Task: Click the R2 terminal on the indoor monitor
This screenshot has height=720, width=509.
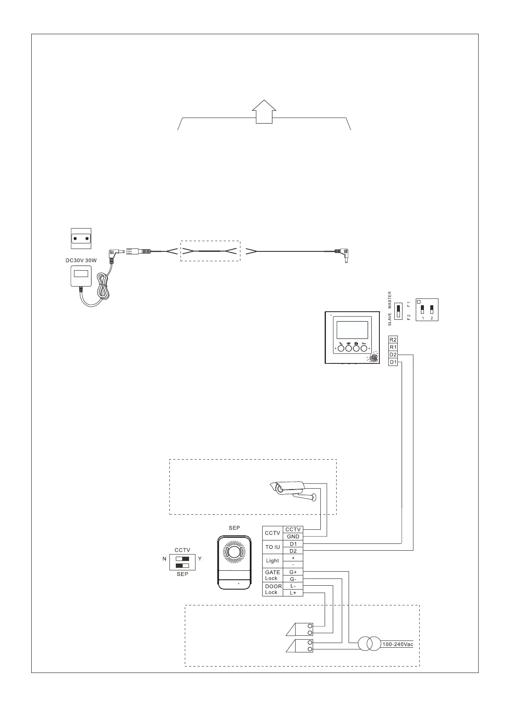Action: point(393,340)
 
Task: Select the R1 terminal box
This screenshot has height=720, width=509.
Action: point(393,347)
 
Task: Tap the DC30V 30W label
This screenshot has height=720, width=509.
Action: point(81,260)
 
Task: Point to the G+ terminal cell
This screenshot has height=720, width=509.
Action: point(293,572)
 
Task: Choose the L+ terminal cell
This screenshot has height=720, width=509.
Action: point(293,593)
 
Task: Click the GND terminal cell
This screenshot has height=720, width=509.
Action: point(293,537)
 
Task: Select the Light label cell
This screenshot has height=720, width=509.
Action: point(272,561)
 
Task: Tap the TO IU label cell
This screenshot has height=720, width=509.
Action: point(272,547)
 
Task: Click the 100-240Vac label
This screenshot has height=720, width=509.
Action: point(398,644)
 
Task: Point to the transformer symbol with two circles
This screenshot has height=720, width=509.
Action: point(369,644)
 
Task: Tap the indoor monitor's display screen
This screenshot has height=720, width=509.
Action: point(352,330)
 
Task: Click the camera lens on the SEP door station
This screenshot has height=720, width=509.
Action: point(234,552)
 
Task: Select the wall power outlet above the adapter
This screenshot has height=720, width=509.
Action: point(81,239)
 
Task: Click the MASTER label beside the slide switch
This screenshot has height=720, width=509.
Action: point(390,301)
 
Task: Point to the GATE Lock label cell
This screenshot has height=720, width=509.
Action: point(272,575)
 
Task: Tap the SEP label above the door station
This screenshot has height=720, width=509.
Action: point(234,528)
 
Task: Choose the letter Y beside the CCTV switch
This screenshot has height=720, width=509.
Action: point(200,558)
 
